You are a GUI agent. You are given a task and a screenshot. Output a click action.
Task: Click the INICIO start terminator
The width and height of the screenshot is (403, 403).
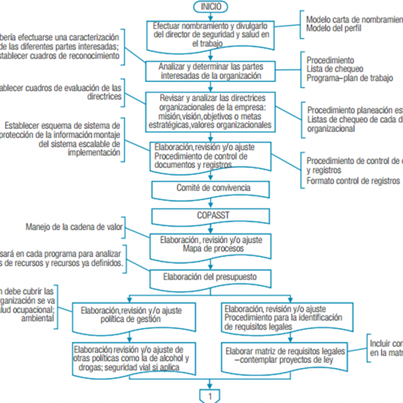coord(211,7)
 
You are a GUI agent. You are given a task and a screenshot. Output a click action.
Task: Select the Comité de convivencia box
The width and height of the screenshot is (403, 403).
coord(210,189)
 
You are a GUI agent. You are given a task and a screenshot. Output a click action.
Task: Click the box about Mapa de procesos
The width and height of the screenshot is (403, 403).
coord(210,244)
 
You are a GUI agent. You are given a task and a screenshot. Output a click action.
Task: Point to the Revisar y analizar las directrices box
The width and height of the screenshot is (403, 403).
coord(211,111)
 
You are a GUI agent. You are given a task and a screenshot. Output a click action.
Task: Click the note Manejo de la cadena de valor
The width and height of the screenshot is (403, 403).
coord(74,226)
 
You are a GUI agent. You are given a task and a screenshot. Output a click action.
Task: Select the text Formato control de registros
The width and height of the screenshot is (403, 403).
coord(353,181)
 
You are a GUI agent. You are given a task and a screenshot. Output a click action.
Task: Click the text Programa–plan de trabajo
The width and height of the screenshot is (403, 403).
coord(349,79)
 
